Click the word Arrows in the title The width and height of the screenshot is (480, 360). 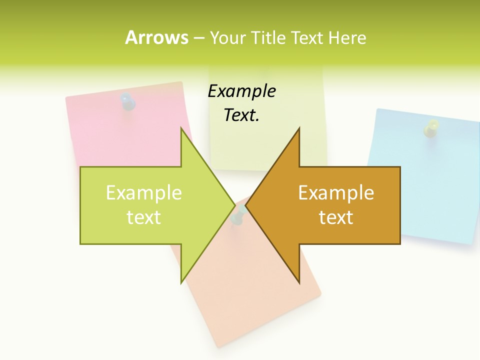pyautogui.click(x=156, y=37)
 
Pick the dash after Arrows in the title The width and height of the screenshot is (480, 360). pyautogui.click(x=198, y=38)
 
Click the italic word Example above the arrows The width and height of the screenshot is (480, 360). pyautogui.click(x=241, y=91)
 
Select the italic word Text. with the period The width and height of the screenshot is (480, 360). pyautogui.click(x=241, y=115)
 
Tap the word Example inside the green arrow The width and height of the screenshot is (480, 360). pyautogui.click(x=143, y=193)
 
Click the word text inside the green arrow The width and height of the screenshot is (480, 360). pyautogui.click(x=143, y=217)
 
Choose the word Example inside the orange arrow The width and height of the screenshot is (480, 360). pyautogui.click(x=336, y=193)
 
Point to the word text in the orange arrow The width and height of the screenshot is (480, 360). pyautogui.click(x=336, y=217)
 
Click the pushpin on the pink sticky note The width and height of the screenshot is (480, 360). pyautogui.click(x=128, y=101)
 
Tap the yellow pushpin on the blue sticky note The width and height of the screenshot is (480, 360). pyautogui.click(x=430, y=128)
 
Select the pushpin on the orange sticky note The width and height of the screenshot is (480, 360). pyautogui.click(x=238, y=215)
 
